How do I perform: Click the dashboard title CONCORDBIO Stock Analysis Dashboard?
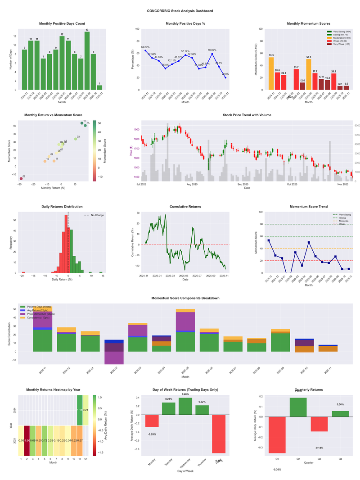point(180,11)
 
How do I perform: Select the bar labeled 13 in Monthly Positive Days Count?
point(87,61)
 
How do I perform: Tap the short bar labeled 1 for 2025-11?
point(99,87)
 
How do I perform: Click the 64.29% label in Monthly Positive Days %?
point(145,47)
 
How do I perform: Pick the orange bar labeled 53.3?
point(271,73)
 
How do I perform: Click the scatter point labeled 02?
point(21,179)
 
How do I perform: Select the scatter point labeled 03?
point(76,139)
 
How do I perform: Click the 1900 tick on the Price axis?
point(135,130)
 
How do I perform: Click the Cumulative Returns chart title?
point(185,207)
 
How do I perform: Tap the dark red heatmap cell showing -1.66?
point(27,440)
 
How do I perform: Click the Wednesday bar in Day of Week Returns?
point(185,406)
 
